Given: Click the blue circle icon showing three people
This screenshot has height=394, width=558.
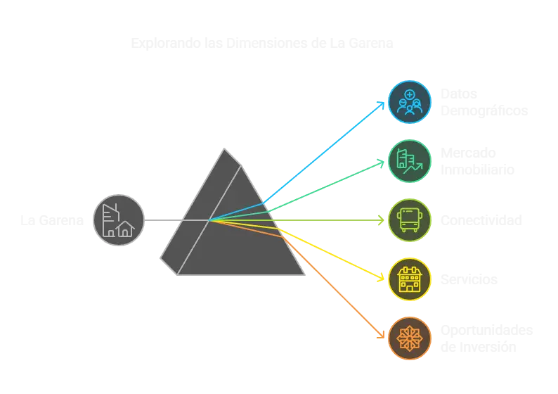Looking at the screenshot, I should [x=410, y=102].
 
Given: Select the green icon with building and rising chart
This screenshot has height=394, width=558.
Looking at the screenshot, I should [x=410, y=161].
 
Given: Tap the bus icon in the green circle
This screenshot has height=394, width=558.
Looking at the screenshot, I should [x=410, y=220].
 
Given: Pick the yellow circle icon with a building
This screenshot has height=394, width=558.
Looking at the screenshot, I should [x=410, y=279].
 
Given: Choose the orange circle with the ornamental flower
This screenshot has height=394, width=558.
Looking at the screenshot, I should [x=410, y=338].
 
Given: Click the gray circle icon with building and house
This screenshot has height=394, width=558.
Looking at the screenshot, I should [x=119, y=220].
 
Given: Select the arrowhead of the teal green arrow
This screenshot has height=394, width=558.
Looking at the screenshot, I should [x=382, y=163].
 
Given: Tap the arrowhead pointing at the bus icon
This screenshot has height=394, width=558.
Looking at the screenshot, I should [x=382, y=220].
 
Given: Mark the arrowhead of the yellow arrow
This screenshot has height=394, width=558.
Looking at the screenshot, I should [x=382, y=277].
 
